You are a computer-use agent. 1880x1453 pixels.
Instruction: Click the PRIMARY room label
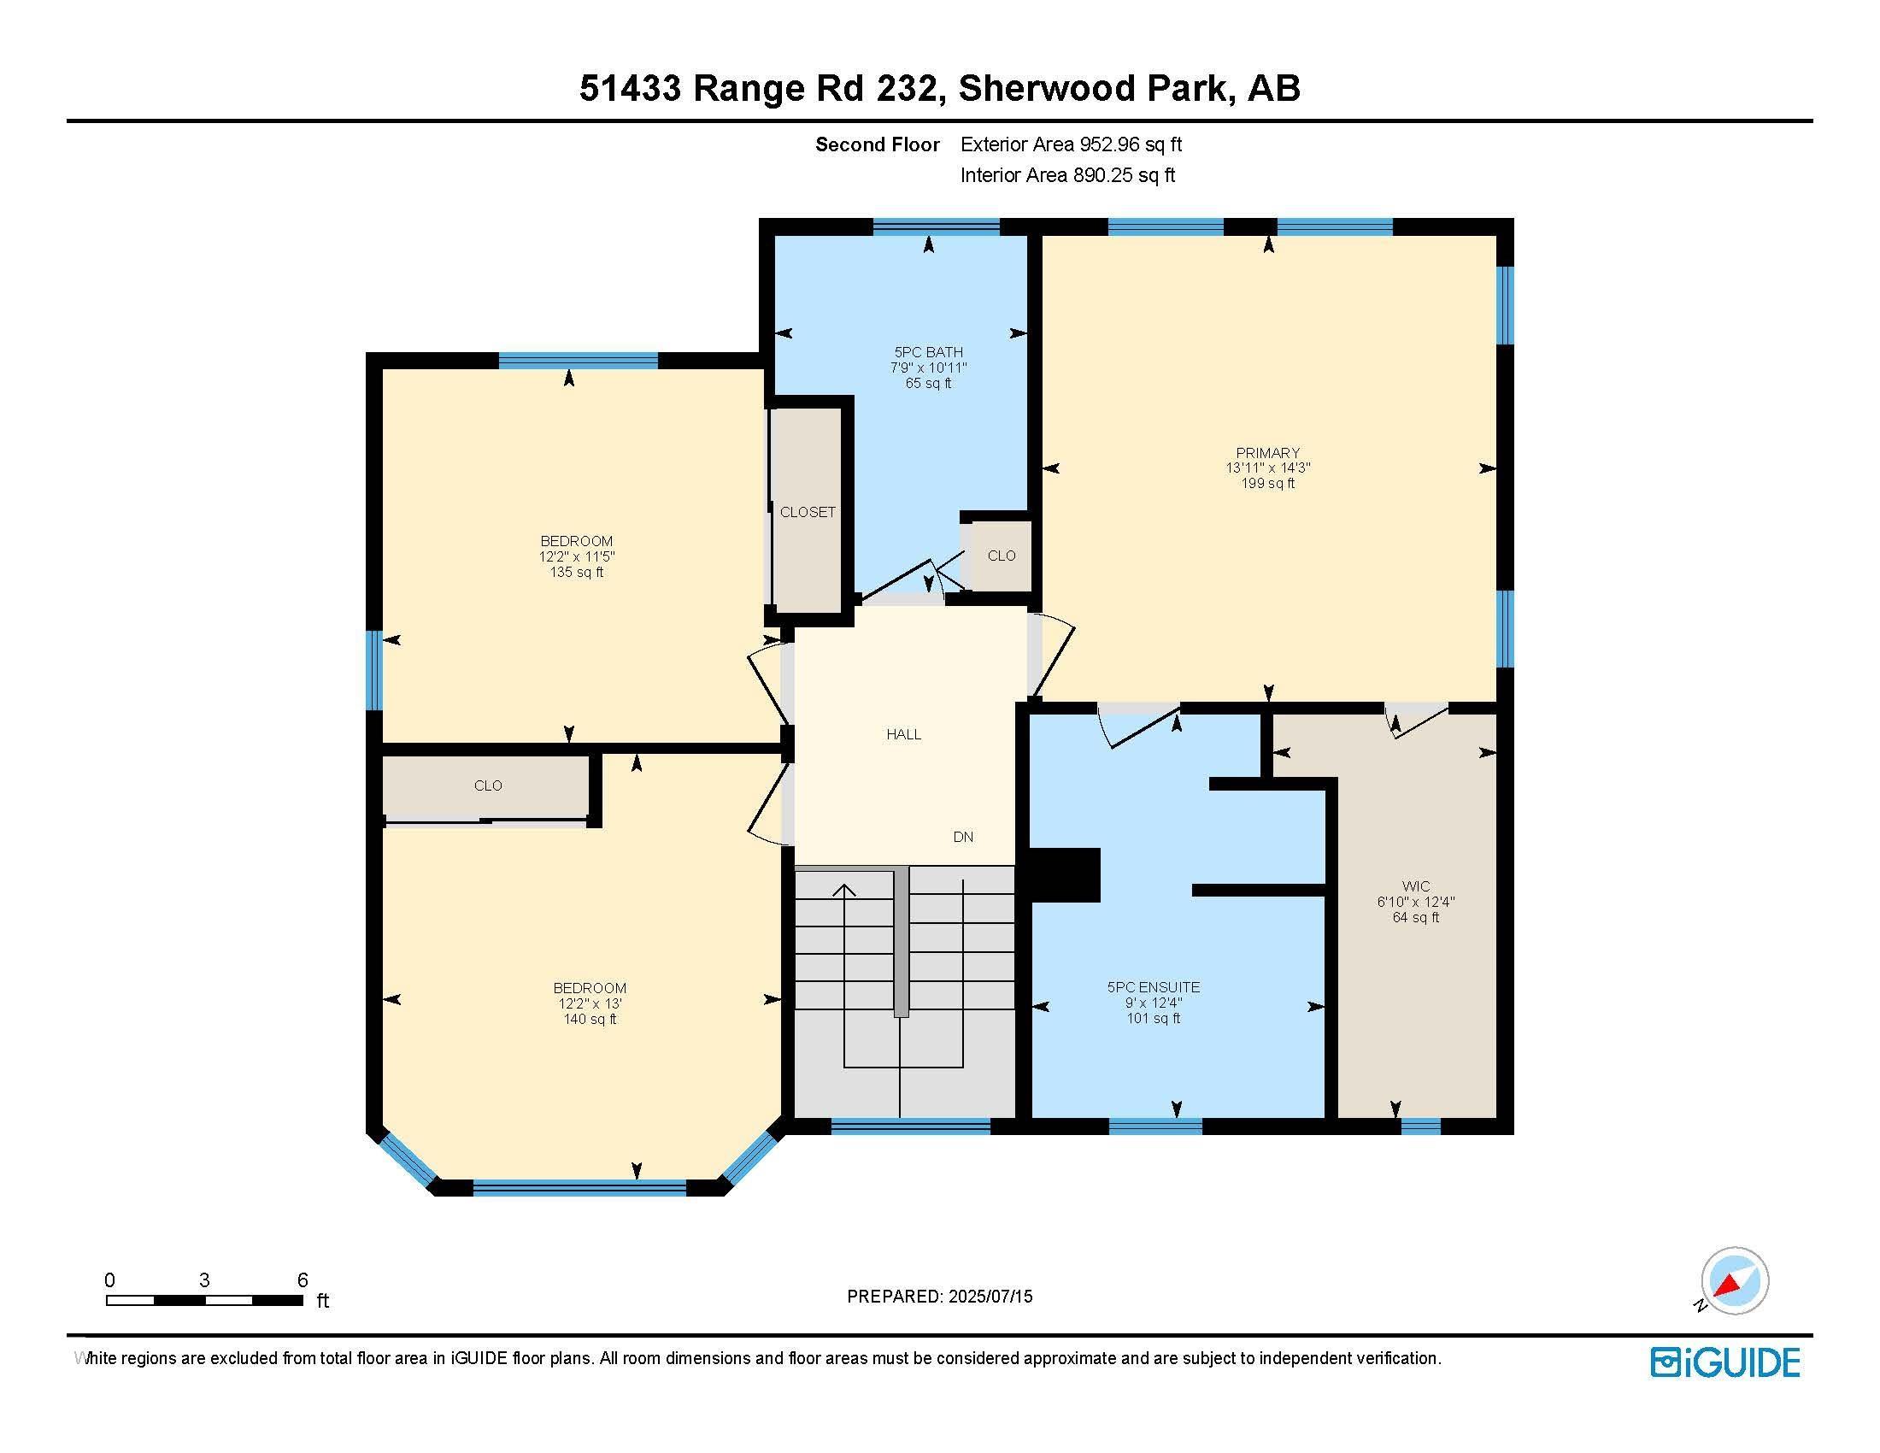tap(1267, 453)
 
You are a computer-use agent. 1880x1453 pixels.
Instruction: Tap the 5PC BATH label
tap(928, 352)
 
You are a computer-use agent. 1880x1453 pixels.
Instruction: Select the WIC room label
tap(1416, 885)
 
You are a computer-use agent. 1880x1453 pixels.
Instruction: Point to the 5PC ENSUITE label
tap(1154, 987)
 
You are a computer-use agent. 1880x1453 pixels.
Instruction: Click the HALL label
tap(904, 734)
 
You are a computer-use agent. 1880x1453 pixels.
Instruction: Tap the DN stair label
tap(963, 837)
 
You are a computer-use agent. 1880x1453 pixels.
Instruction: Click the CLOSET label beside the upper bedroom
tap(808, 512)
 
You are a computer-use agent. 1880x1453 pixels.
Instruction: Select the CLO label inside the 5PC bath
tap(1002, 556)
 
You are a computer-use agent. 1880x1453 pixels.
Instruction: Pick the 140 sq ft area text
tap(590, 1019)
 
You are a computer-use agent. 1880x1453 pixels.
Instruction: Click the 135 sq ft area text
tap(577, 573)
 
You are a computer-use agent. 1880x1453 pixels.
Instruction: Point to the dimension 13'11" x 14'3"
tap(1268, 468)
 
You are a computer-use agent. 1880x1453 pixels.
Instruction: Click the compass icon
tap(1734, 1281)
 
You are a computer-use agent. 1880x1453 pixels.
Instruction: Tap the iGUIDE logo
tap(1725, 1362)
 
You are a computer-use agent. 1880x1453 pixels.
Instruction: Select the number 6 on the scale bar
tap(303, 1280)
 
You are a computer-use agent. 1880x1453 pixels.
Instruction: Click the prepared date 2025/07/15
tap(989, 1297)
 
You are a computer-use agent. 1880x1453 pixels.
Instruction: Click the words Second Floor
tap(877, 144)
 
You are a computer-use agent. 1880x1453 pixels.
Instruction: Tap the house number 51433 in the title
tap(630, 88)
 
